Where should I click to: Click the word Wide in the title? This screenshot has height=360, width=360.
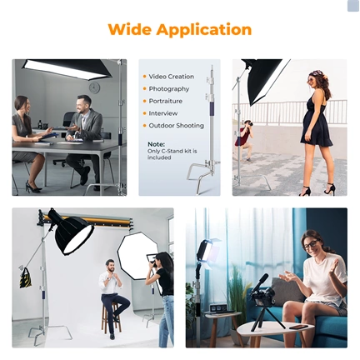click(130, 30)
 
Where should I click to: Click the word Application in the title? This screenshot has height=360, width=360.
click(204, 31)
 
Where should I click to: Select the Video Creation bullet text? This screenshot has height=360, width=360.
click(171, 77)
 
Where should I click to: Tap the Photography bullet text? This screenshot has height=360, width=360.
click(169, 88)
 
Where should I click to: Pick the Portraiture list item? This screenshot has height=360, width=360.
click(167, 101)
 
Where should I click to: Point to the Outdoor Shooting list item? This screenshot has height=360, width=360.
click(176, 125)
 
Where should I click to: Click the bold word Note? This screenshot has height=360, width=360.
click(156, 143)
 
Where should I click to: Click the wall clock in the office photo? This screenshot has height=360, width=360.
click(94, 87)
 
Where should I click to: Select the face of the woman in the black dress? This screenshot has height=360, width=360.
click(314, 82)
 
